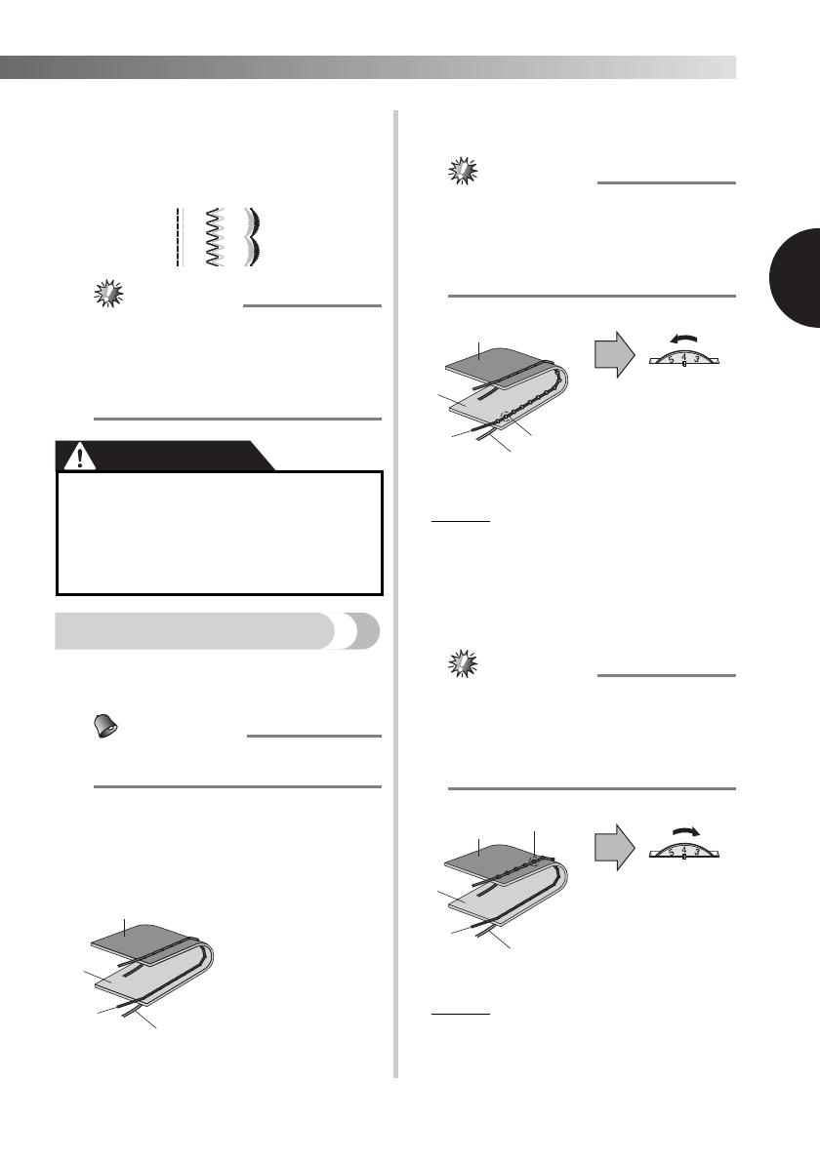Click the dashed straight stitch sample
pos(179,237)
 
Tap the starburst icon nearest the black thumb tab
pos(464,171)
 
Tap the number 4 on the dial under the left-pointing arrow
pos(683,356)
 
